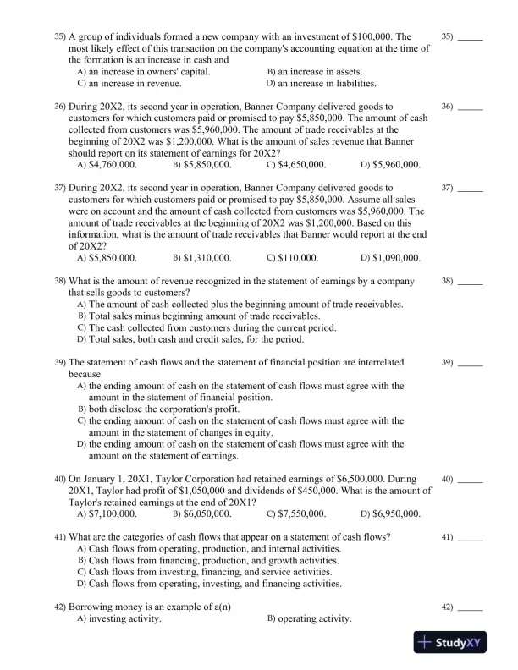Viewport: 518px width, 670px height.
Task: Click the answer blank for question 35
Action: click(x=470, y=37)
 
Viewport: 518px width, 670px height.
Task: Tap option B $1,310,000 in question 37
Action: click(x=207, y=257)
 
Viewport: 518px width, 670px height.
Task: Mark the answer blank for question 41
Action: click(x=470, y=537)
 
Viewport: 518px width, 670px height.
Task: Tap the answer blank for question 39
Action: click(x=470, y=362)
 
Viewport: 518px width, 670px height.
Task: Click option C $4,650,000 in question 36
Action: click(x=302, y=164)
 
